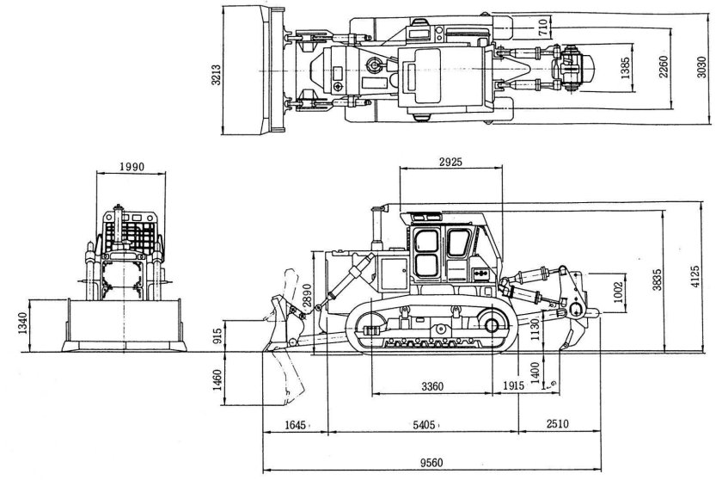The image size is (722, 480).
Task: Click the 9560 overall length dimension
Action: (x=431, y=463)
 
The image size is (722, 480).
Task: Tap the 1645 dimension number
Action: (x=294, y=425)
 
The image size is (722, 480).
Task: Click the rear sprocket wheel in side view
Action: (x=492, y=327)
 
